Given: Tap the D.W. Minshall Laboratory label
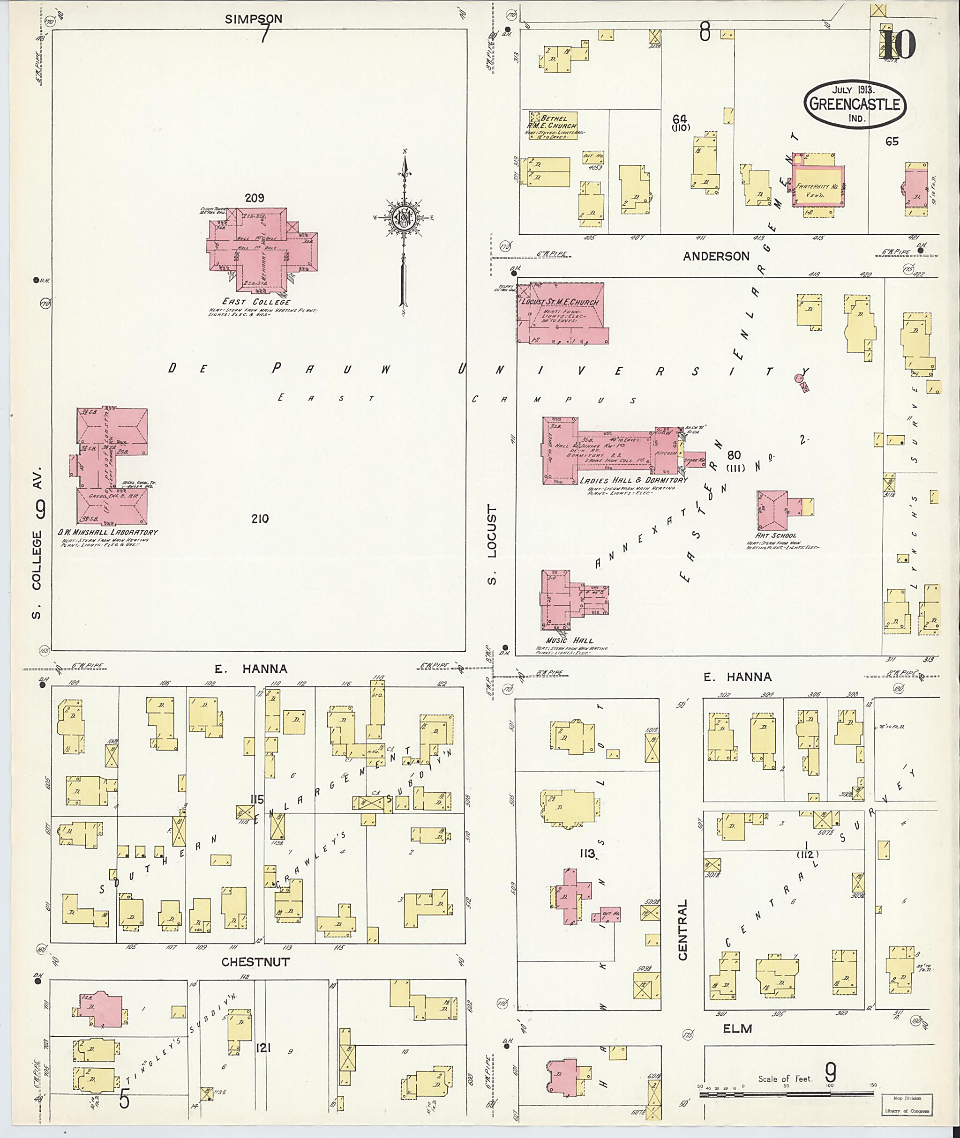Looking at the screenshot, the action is pyautogui.click(x=108, y=532).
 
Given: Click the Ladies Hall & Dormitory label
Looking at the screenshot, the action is pyautogui.click(x=633, y=480).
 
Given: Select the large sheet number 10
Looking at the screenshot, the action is pyautogui.click(x=899, y=45).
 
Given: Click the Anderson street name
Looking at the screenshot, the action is pyautogui.click(x=716, y=256).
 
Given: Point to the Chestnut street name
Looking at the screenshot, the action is pyautogui.click(x=255, y=962).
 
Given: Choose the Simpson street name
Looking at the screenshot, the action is pyautogui.click(x=254, y=19).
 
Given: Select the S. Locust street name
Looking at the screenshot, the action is pyautogui.click(x=493, y=544).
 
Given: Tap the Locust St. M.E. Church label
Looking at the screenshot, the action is pyautogui.click(x=561, y=303).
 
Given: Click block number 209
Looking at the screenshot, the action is pyautogui.click(x=254, y=198).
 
